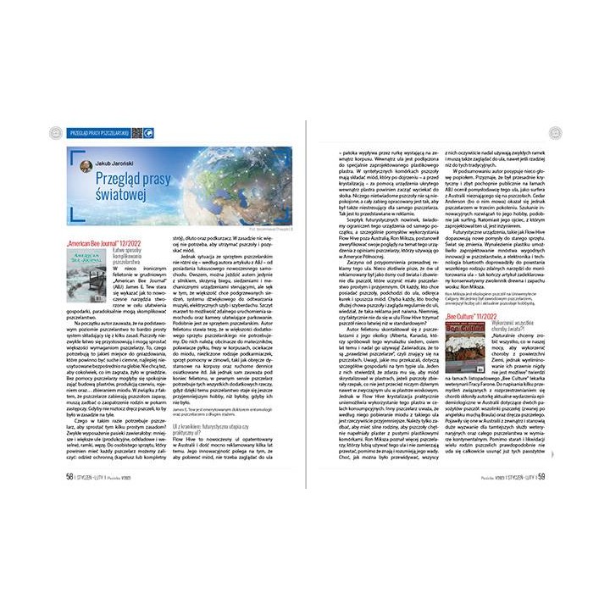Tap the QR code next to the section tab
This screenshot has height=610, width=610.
point(136,132)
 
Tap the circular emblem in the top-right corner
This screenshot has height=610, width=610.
point(555,132)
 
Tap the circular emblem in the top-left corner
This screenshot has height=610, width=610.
point(55,132)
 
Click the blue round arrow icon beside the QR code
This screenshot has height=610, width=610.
point(148,132)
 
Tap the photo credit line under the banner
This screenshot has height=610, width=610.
point(266,229)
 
